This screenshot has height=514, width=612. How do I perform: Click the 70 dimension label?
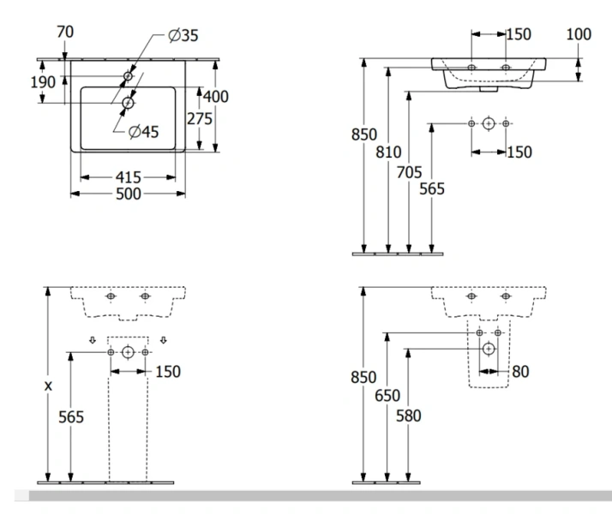(65, 32)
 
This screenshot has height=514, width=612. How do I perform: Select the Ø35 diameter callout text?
(184, 35)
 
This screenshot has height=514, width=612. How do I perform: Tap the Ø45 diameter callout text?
(146, 132)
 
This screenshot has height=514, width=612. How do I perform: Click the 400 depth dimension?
(216, 97)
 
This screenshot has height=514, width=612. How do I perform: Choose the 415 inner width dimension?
(128, 176)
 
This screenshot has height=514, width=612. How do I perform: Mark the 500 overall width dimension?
(128, 194)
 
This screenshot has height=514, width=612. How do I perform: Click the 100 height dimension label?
(579, 34)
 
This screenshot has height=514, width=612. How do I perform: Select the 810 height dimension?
(389, 152)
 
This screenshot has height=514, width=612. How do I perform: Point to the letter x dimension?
(48, 386)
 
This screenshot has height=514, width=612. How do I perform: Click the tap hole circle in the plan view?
(128, 77)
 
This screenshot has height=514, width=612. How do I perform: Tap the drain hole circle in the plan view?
(128, 104)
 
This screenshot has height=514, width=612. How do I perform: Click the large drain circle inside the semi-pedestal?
(488, 349)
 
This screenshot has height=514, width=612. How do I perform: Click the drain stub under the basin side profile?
(487, 87)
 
